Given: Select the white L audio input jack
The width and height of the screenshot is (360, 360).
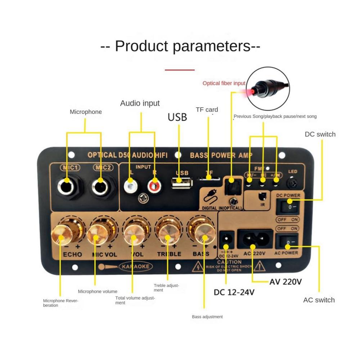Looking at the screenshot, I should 130,186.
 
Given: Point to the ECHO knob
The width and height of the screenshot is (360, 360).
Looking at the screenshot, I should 62,234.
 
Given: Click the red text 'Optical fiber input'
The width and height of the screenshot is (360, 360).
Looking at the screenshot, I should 224,83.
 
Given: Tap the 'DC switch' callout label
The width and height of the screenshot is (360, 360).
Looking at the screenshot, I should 320,134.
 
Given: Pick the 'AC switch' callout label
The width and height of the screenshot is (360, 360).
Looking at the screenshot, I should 319,300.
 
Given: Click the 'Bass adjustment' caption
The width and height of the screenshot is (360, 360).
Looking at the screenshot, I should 207,317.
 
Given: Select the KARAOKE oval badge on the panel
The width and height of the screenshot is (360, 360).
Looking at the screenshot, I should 135,267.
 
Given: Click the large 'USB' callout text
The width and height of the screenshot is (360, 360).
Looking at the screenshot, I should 177,117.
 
